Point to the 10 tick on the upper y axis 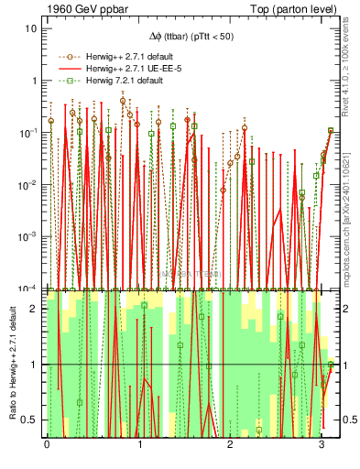(x=30, y=28)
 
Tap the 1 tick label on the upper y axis (x=34, y=81)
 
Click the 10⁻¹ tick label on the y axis (x=28, y=133)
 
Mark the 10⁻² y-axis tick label (x=28, y=185)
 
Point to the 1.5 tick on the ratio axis (x=30, y=337)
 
